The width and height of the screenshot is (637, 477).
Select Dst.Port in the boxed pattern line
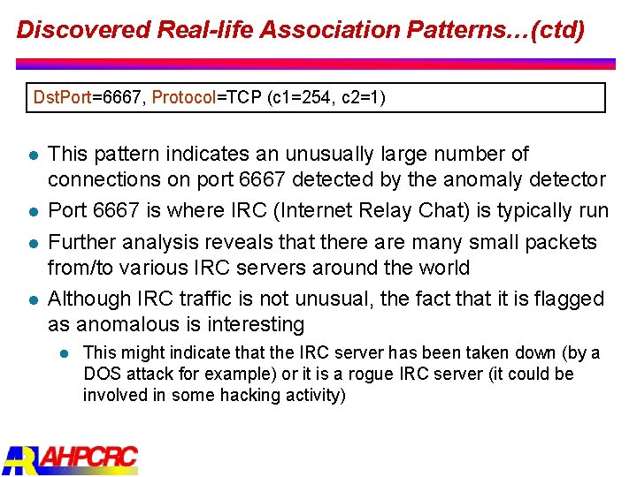61,97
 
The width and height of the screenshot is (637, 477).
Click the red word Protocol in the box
184,97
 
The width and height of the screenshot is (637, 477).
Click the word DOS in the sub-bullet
103,374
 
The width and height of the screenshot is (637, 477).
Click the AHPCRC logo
71,459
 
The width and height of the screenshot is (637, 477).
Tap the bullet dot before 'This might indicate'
64,353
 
